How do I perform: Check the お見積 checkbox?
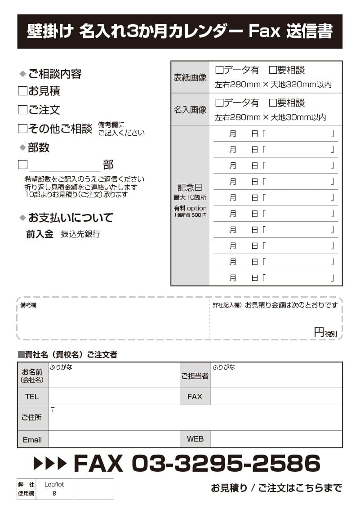click(22, 91)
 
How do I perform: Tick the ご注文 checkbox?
click(22, 110)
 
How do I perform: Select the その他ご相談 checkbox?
click(22, 129)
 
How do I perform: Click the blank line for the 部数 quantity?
click(65, 165)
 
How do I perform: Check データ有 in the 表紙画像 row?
click(220, 70)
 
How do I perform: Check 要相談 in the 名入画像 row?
click(273, 103)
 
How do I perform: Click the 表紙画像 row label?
click(190, 77)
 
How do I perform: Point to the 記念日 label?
click(190, 188)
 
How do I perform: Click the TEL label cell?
click(32, 397)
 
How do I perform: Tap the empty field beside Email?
click(113, 439)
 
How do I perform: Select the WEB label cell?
click(195, 439)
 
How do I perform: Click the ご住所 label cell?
click(32, 418)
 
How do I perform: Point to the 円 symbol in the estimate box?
click(319, 332)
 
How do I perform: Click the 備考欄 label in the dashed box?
click(28, 305)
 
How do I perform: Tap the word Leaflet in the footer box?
click(54, 484)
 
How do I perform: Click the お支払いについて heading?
click(71, 218)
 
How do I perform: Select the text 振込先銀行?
click(80, 234)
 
